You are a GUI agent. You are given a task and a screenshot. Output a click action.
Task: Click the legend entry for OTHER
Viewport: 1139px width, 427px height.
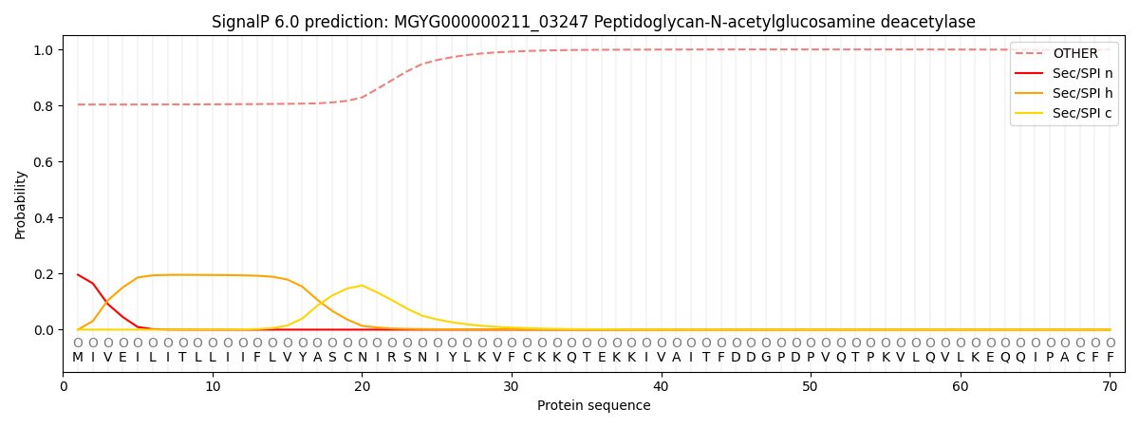click(x=1064, y=53)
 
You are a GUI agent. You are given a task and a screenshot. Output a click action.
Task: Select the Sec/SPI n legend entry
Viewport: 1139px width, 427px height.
click(x=1064, y=73)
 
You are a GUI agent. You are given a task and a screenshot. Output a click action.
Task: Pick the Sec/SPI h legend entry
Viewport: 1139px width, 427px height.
click(x=1064, y=93)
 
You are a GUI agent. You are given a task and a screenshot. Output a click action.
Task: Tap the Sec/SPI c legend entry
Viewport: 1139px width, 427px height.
click(x=1064, y=113)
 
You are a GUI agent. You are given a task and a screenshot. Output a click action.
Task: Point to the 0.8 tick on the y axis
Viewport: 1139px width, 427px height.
click(x=44, y=106)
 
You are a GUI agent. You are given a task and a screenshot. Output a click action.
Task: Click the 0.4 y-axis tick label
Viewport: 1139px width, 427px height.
click(x=44, y=218)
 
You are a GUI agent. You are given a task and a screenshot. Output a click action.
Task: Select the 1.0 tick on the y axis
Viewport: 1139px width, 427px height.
click(x=44, y=50)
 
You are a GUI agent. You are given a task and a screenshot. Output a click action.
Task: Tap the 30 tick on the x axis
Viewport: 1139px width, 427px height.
click(x=512, y=387)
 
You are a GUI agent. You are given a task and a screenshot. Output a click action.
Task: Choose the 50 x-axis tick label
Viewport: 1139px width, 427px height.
click(x=811, y=387)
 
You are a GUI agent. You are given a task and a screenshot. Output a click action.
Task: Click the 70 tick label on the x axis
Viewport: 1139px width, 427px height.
click(x=1110, y=387)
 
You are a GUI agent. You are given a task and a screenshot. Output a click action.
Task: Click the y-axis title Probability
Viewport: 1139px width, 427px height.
click(x=20, y=205)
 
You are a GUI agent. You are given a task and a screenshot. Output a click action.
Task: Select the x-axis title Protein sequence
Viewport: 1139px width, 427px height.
click(x=594, y=406)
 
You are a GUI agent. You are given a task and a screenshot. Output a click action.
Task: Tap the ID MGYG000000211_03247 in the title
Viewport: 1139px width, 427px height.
click(x=492, y=23)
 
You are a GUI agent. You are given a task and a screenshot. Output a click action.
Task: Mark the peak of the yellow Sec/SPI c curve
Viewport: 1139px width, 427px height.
click(x=362, y=286)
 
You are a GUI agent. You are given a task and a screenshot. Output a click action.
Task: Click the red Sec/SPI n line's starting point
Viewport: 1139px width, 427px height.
click(x=78, y=274)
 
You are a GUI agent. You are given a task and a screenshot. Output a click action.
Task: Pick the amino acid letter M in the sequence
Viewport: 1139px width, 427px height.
click(x=78, y=358)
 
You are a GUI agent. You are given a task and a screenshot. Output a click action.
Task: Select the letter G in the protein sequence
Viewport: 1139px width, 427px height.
click(x=766, y=358)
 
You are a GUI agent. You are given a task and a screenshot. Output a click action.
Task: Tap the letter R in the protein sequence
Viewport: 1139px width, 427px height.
click(x=392, y=358)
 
